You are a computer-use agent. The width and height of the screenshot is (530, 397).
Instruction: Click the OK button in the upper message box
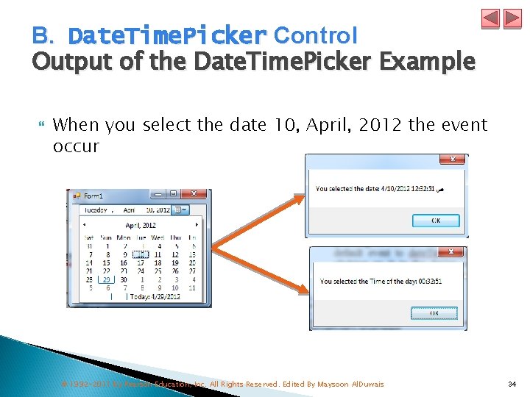pos(436,221)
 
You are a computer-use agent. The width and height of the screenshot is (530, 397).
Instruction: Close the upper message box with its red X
pos(453,159)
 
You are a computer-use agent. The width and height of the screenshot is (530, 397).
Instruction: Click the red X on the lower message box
pos(453,252)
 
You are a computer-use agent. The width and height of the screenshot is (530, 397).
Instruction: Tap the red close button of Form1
pos(194,195)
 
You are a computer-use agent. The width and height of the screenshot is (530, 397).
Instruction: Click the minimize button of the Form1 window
pos(158,195)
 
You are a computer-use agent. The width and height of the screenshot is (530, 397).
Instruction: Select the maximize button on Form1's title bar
pos(173,195)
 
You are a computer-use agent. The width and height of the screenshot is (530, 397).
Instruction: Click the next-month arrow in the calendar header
pos(197,225)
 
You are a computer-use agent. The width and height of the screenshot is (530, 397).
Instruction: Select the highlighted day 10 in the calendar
pos(141,254)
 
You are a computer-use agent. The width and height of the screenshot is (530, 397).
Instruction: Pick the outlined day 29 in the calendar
pos(107,279)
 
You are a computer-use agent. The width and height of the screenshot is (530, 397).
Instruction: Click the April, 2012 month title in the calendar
pos(141,225)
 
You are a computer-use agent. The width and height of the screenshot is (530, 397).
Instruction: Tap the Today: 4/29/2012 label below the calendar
pos(154,296)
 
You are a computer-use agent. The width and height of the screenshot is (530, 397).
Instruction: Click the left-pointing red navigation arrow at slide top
pos(491,18)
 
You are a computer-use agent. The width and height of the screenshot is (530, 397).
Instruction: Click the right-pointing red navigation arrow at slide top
pos(512,18)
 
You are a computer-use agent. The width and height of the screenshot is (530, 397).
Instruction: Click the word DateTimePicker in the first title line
pos(167,35)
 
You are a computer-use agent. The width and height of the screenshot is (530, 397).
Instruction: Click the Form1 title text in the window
pos(93,196)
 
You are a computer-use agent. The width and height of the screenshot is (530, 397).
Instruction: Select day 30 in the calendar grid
pos(124,279)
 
